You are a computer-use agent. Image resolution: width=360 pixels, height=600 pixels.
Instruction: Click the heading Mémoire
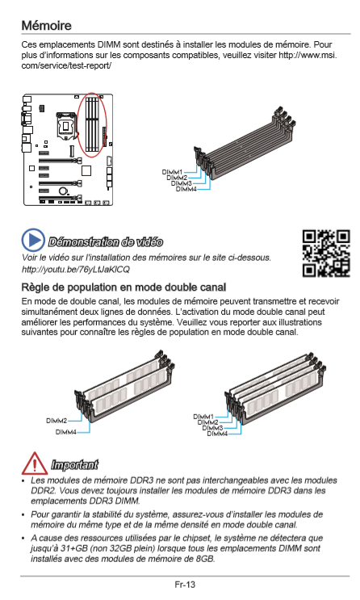pyautogui.click(x=46, y=26)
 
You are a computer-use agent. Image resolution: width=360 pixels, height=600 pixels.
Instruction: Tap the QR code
pyautogui.click(x=326, y=254)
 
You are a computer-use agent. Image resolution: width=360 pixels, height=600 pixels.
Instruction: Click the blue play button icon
pyautogui.click(x=33, y=241)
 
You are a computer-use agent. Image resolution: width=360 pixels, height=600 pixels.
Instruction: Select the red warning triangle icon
pyautogui.click(x=35, y=463)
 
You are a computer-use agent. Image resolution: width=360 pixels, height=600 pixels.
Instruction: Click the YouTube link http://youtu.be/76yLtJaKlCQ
pyautogui.click(x=76, y=270)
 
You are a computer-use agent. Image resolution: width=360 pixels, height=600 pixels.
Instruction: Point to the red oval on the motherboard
pyautogui.click(x=91, y=124)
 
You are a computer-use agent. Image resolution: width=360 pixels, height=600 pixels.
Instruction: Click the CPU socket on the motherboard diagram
pyautogui.click(x=66, y=125)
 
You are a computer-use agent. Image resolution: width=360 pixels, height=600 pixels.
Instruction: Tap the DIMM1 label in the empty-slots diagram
pyautogui.click(x=172, y=173)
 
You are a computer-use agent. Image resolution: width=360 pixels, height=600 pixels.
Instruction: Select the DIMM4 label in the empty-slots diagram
pyautogui.click(x=186, y=189)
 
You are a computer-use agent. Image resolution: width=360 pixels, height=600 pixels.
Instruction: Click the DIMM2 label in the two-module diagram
pyautogui.click(x=57, y=421)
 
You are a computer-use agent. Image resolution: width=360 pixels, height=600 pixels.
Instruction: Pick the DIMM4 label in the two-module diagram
pyautogui.click(x=66, y=432)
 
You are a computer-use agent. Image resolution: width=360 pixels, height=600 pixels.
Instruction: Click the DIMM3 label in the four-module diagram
pyautogui.click(x=212, y=428)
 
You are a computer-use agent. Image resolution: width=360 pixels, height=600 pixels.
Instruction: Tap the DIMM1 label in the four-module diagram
pyautogui.click(x=203, y=417)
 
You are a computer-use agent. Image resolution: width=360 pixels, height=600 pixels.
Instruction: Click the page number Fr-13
pyautogui.click(x=185, y=585)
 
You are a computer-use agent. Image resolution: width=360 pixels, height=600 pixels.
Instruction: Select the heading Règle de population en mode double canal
pyautogui.click(x=123, y=287)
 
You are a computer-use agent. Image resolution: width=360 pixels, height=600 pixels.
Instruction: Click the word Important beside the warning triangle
pyautogui.click(x=74, y=464)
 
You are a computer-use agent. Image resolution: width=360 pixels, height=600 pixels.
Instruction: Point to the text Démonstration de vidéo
pyautogui.click(x=106, y=242)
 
